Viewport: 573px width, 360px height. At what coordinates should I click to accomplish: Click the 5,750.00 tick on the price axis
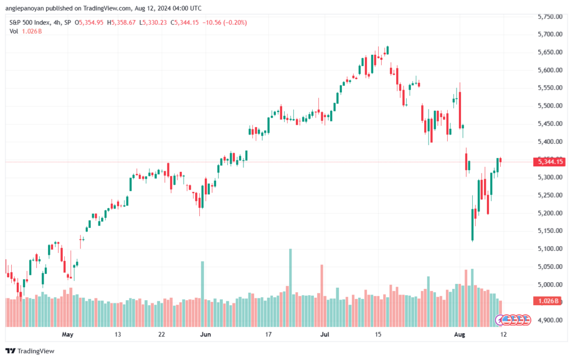click(549, 17)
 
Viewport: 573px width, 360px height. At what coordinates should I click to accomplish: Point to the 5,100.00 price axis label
click(549, 249)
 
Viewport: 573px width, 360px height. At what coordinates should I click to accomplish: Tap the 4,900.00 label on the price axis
click(549, 320)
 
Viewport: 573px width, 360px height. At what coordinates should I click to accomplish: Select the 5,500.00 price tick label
click(549, 106)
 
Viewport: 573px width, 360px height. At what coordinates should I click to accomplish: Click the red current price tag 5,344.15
click(549, 162)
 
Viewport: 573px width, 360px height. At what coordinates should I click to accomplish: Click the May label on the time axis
click(68, 334)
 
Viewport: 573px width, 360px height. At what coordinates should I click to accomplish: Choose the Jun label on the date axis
click(205, 334)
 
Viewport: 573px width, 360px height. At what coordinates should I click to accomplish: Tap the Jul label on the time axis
click(324, 334)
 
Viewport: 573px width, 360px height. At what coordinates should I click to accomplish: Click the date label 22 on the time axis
click(161, 334)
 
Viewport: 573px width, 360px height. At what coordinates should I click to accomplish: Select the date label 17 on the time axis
click(268, 334)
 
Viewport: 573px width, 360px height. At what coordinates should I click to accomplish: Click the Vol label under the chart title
click(14, 31)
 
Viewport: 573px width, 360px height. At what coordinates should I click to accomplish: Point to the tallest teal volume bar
click(290, 274)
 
